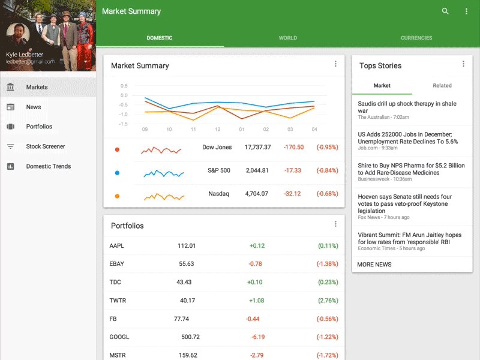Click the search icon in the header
point(445,11)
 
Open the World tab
point(288,38)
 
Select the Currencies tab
point(416,38)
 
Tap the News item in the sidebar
point(34,107)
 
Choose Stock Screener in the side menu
point(46,146)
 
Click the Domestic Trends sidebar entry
point(48,166)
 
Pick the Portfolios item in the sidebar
point(39,127)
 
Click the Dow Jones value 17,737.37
point(257,147)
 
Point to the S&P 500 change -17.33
point(293,170)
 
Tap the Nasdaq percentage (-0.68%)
point(327,194)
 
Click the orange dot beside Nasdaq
point(117,196)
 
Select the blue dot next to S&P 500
point(117,173)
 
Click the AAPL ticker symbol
point(117,246)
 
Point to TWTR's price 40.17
point(188,301)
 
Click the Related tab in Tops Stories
point(442,86)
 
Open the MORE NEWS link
point(374,265)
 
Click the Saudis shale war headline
point(407,107)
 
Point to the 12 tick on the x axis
point(217,130)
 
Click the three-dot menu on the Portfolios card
point(335,224)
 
